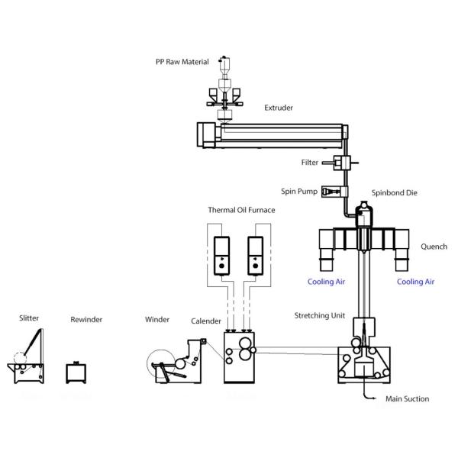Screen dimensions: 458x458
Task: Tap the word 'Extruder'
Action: click(x=279, y=108)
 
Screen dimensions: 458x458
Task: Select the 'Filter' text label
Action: click(x=310, y=163)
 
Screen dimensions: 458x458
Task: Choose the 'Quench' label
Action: click(x=433, y=247)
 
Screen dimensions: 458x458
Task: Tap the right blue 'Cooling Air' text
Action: click(x=416, y=282)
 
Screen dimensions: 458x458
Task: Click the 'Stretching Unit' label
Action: click(x=320, y=315)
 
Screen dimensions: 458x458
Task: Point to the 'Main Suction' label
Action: click(x=405, y=398)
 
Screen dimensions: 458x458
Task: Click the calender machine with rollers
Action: click(x=238, y=356)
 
